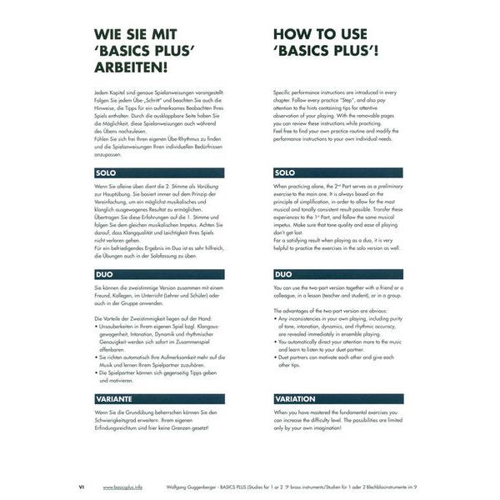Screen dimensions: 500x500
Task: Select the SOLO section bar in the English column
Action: coord(337,173)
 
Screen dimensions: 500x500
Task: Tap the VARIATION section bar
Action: coord(337,399)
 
